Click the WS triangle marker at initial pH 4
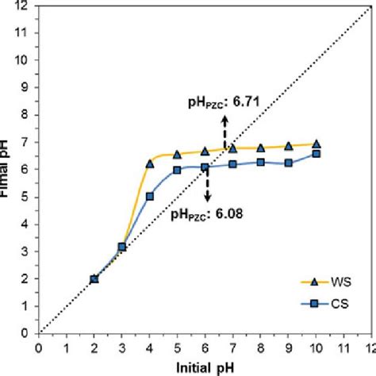[x=150, y=164]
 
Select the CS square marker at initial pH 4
[x=150, y=197]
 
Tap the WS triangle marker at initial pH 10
[x=317, y=144]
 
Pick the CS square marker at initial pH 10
[x=317, y=153]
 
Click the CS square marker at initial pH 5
[x=178, y=170]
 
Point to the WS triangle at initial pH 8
[x=261, y=148]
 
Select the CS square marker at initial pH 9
[x=289, y=163]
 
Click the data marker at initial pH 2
[x=94, y=278]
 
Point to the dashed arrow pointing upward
[x=224, y=128]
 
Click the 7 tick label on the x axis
[x=233, y=347]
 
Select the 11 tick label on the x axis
[x=344, y=347]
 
